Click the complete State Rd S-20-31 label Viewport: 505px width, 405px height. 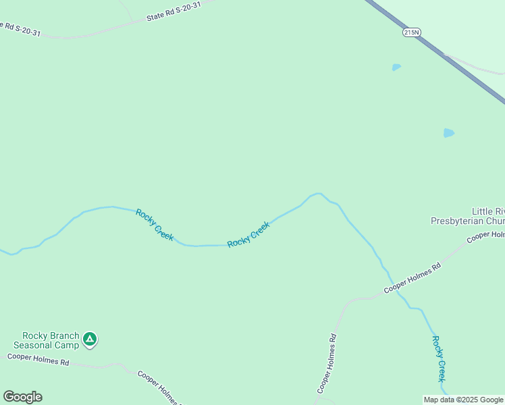(174, 11)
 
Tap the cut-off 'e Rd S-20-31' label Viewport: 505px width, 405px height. (20, 28)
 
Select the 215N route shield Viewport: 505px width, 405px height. (411, 32)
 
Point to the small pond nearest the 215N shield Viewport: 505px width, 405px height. (396, 67)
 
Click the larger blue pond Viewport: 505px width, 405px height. (449, 133)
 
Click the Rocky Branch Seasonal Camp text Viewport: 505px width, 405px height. (51, 340)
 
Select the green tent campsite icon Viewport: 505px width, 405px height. (90, 339)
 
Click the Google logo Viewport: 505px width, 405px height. (22, 397)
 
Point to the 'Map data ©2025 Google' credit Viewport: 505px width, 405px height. (463, 400)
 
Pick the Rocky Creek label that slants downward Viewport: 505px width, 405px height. (155, 225)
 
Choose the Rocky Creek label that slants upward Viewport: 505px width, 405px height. (248, 234)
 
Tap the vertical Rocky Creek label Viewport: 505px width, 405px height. (439, 358)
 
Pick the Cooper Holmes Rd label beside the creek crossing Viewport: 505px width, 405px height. (412, 277)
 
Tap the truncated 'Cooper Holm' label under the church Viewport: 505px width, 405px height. (485, 237)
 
